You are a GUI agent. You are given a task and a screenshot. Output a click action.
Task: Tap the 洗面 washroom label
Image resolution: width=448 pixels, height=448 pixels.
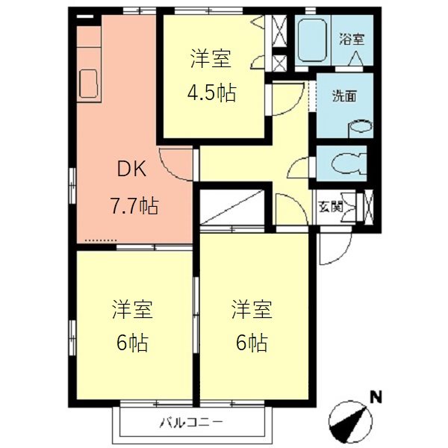pyautogui.click(x=344, y=96)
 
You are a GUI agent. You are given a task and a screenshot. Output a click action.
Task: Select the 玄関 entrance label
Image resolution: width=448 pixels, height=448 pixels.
pyautogui.click(x=332, y=207)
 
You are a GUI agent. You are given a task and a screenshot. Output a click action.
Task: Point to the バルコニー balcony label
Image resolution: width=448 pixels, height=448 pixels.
pyautogui.click(x=191, y=424)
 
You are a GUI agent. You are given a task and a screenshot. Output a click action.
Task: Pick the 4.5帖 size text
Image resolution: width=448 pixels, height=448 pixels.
pyautogui.click(x=211, y=93)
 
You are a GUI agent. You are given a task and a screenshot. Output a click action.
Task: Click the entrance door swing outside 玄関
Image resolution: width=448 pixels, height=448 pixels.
pyautogui.click(x=327, y=249)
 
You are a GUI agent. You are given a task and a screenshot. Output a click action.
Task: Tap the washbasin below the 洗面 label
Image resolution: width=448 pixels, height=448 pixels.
pyautogui.click(x=360, y=126)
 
